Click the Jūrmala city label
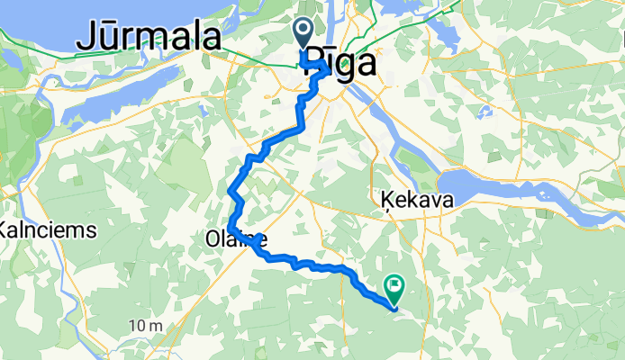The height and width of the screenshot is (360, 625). coord(149,38)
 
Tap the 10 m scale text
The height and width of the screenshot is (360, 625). coord(144,325)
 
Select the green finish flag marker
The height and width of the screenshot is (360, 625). coord(394,287)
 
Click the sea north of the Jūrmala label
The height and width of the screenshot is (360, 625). coord(135,11)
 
